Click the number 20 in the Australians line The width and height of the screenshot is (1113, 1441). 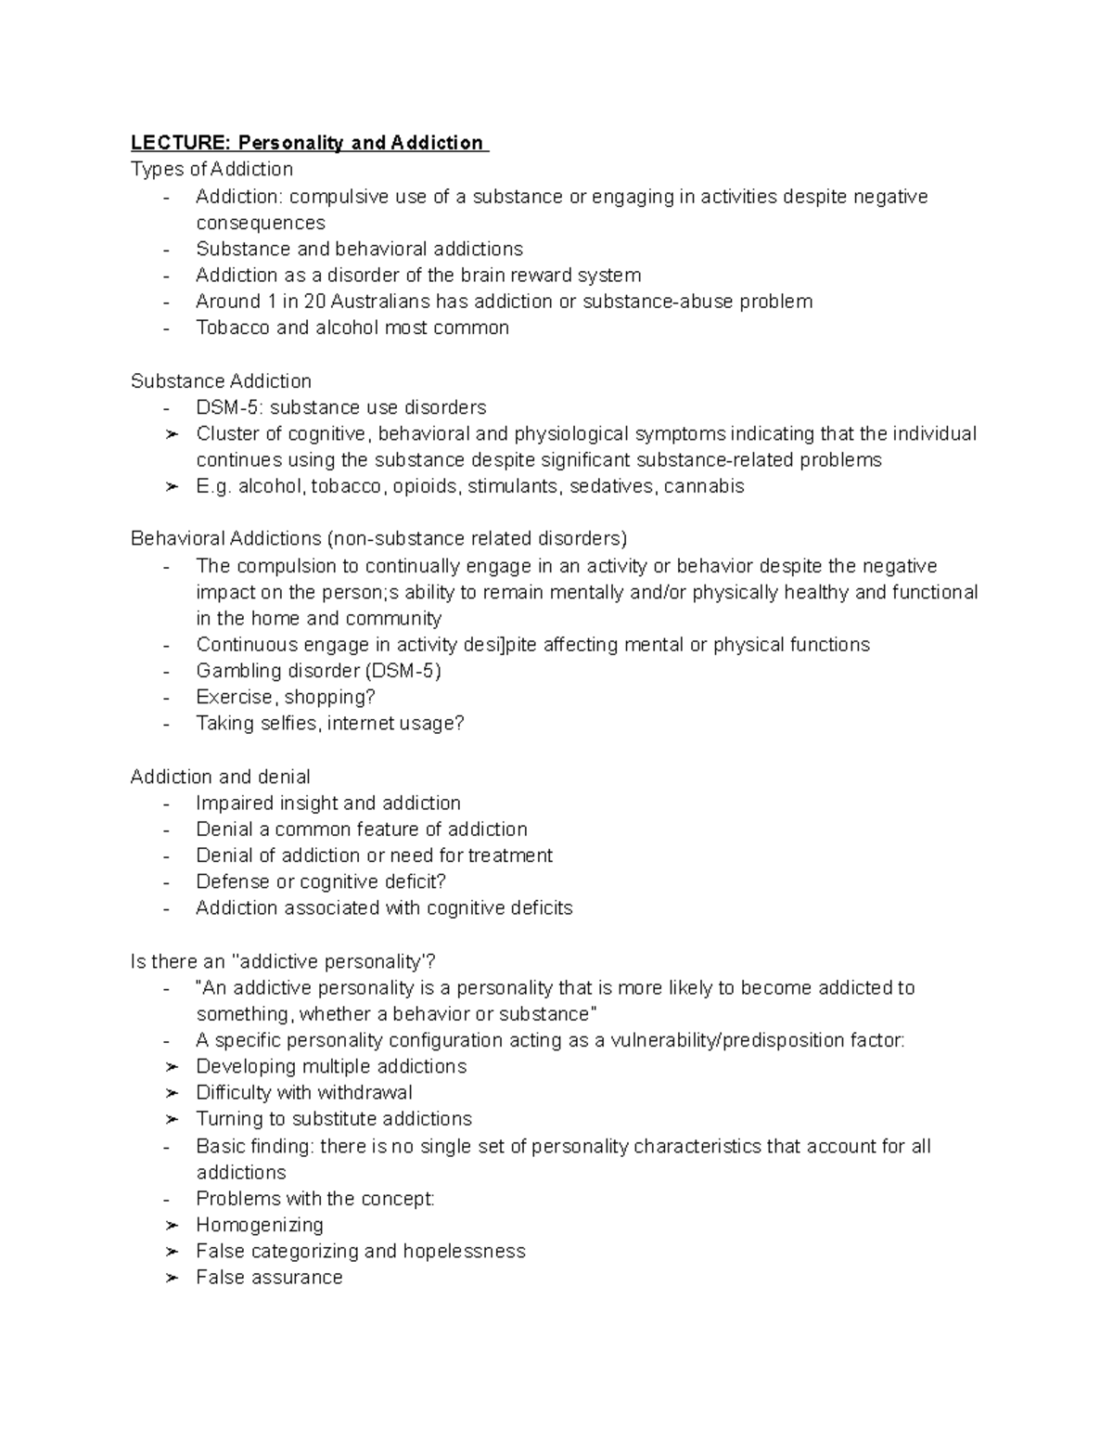[315, 302]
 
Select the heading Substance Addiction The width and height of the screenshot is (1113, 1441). [221, 381]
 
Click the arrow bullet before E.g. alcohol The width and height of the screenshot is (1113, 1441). [171, 487]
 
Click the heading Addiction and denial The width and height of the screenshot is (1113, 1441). [220, 777]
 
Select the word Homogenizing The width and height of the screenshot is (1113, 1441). [260, 1225]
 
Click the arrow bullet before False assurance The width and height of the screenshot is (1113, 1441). [171, 1278]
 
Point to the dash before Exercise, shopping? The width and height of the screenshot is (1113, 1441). [166, 698]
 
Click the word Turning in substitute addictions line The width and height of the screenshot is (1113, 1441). [228, 1119]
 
